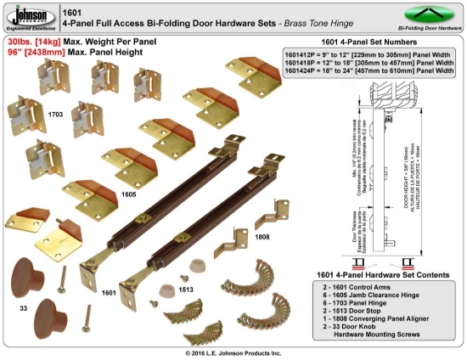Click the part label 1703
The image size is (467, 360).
click(55, 112)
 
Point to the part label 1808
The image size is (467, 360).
click(262, 237)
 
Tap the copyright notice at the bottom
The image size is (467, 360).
click(233, 352)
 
